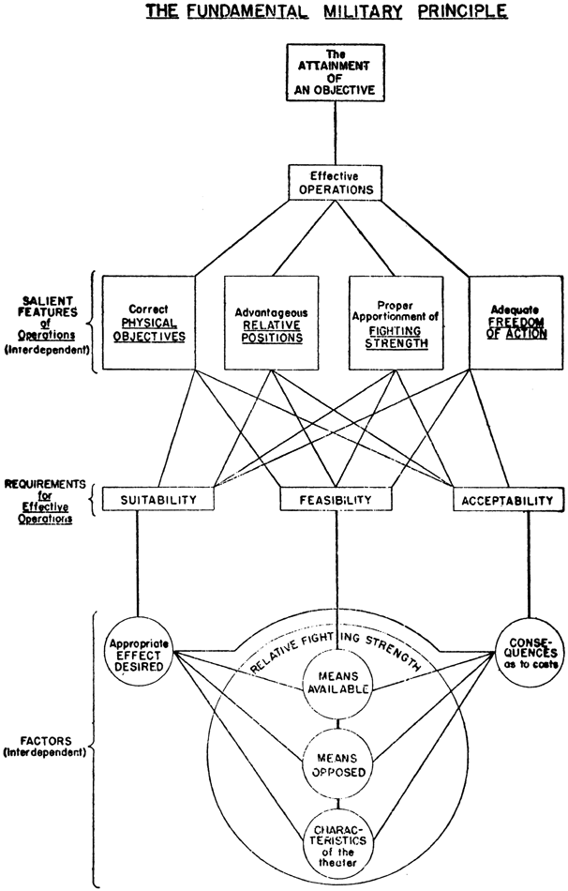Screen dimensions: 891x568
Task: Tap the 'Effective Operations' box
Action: (x=336, y=181)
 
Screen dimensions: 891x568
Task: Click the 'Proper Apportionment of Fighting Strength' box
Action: (x=396, y=321)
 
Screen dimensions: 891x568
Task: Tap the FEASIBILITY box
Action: (x=336, y=501)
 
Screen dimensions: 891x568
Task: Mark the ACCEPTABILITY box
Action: (x=507, y=501)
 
